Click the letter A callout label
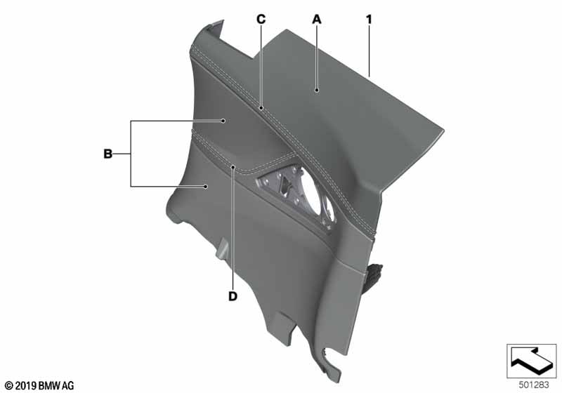click(x=316, y=20)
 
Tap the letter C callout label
click(x=260, y=20)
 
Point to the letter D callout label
click(x=233, y=296)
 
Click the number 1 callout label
click(x=367, y=20)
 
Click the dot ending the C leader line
click(x=261, y=109)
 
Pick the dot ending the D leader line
click(x=233, y=167)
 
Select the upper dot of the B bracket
click(x=223, y=121)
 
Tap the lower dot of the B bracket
click(x=205, y=186)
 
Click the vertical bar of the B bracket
click(x=131, y=154)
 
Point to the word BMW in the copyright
click(x=51, y=385)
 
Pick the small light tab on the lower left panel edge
click(x=222, y=249)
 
